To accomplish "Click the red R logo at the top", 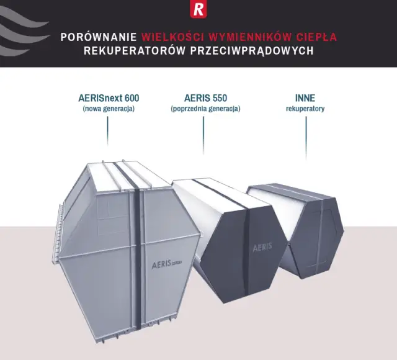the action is coord(198,9).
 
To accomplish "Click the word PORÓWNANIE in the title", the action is coord(99,37).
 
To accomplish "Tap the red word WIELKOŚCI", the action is coord(173,37).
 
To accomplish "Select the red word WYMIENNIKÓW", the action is coord(251,37).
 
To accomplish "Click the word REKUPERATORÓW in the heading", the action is coord(135,50).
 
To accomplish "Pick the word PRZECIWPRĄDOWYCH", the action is coord(252,51).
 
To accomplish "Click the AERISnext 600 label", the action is coord(109,98).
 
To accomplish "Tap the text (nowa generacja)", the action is coord(109,109).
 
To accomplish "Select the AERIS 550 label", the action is coord(205,98).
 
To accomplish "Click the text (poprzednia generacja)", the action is coord(205,109).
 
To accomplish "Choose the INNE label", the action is coord(305,98).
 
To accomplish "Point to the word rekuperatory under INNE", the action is coord(305,109).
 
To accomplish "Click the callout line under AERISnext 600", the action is coord(107,131).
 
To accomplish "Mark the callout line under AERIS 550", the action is coord(203,135).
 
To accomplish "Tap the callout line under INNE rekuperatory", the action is coord(306,138).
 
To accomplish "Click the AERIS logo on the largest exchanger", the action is coord(167,264).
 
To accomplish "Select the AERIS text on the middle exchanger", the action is coord(262,247).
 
